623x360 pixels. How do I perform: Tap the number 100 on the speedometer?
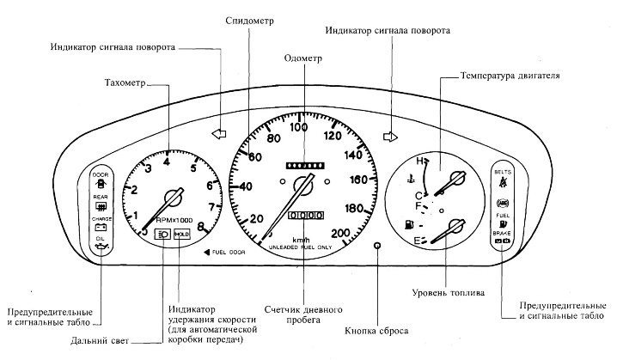click(299, 128)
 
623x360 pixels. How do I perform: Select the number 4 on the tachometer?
click(166, 162)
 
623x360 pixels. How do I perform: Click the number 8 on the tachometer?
click(200, 227)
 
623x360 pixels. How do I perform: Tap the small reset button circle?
click(377, 245)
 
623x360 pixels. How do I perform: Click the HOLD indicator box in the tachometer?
click(181, 233)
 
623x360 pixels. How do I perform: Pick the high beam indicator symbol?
click(162, 233)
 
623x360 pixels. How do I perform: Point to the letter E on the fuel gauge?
click(416, 239)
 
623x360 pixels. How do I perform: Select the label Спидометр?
click(247, 20)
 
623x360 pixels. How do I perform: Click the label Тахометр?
click(119, 83)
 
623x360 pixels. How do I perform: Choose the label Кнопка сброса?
click(376, 330)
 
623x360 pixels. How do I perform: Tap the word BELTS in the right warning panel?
click(503, 172)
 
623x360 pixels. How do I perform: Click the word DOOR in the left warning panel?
click(100, 174)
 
